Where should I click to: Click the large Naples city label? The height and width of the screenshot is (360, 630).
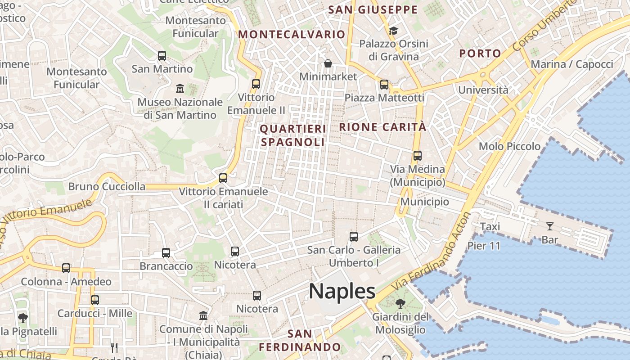tap(342, 292)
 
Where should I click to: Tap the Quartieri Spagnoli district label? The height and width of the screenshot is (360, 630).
tap(292, 135)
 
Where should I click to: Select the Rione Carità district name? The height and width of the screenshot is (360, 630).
tap(382, 127)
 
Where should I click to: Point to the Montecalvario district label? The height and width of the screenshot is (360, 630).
tap(292, 34)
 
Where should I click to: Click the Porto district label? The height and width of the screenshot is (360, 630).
tap(480, 53)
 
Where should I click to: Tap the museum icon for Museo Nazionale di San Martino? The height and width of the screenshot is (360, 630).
tap(180, 88)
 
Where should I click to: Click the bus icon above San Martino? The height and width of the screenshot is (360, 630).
tap(162, 56)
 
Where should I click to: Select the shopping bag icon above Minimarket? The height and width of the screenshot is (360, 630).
tap(328, 63)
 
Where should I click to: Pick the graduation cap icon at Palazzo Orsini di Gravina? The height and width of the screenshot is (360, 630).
tap(393, 31)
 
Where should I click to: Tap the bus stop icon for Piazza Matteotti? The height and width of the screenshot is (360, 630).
tap(384, 84)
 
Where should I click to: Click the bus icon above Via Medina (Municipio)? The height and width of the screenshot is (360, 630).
tap(418, 156)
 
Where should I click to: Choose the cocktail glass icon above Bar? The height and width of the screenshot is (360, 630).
tap(549, 226)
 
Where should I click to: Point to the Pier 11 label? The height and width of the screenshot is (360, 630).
tap(484, 246)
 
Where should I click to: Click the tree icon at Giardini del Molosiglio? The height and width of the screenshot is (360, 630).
tap(400, 304)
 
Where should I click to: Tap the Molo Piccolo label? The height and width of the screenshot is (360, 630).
tap(509, 146)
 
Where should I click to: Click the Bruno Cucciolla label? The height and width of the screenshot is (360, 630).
tap(107, 186)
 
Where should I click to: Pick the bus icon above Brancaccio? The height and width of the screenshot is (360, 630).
tap(166, 252)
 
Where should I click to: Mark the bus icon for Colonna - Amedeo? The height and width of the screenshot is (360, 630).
tap(66, 268)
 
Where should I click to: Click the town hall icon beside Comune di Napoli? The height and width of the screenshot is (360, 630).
tap(203, 315)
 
